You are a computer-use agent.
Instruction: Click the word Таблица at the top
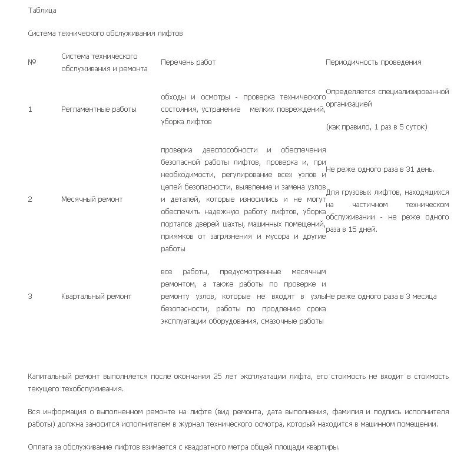[42, 11]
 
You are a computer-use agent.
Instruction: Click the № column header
[32, 62]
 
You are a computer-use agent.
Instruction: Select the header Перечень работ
[188, 62]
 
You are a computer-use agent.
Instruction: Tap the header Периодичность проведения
[373, 62]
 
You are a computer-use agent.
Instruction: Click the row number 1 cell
[30, 109]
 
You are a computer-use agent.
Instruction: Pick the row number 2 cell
[30, 199]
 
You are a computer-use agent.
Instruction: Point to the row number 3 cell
[30, 297]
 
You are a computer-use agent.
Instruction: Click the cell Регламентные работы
[99, 109]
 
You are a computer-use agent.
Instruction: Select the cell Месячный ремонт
[92, 199]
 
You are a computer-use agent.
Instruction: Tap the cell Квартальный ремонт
[97, 297]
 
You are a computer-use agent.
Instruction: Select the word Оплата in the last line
[41, 447]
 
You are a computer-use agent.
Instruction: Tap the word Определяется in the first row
[350, 92]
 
